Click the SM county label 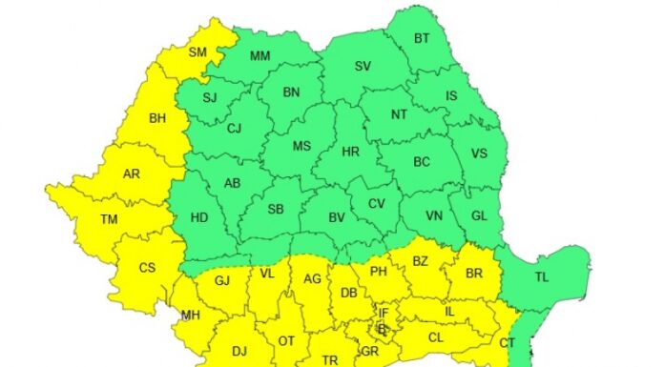point(198,52)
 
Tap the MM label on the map point(260,56)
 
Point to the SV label point(363,67)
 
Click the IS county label point(451,96)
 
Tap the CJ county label point(235,129)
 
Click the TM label point(110,219)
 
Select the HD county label point(199,217)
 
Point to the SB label point(275,210)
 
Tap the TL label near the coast point(542,276)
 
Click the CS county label point(147,268)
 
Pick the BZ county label point(420,259)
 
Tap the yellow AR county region point(132,174)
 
